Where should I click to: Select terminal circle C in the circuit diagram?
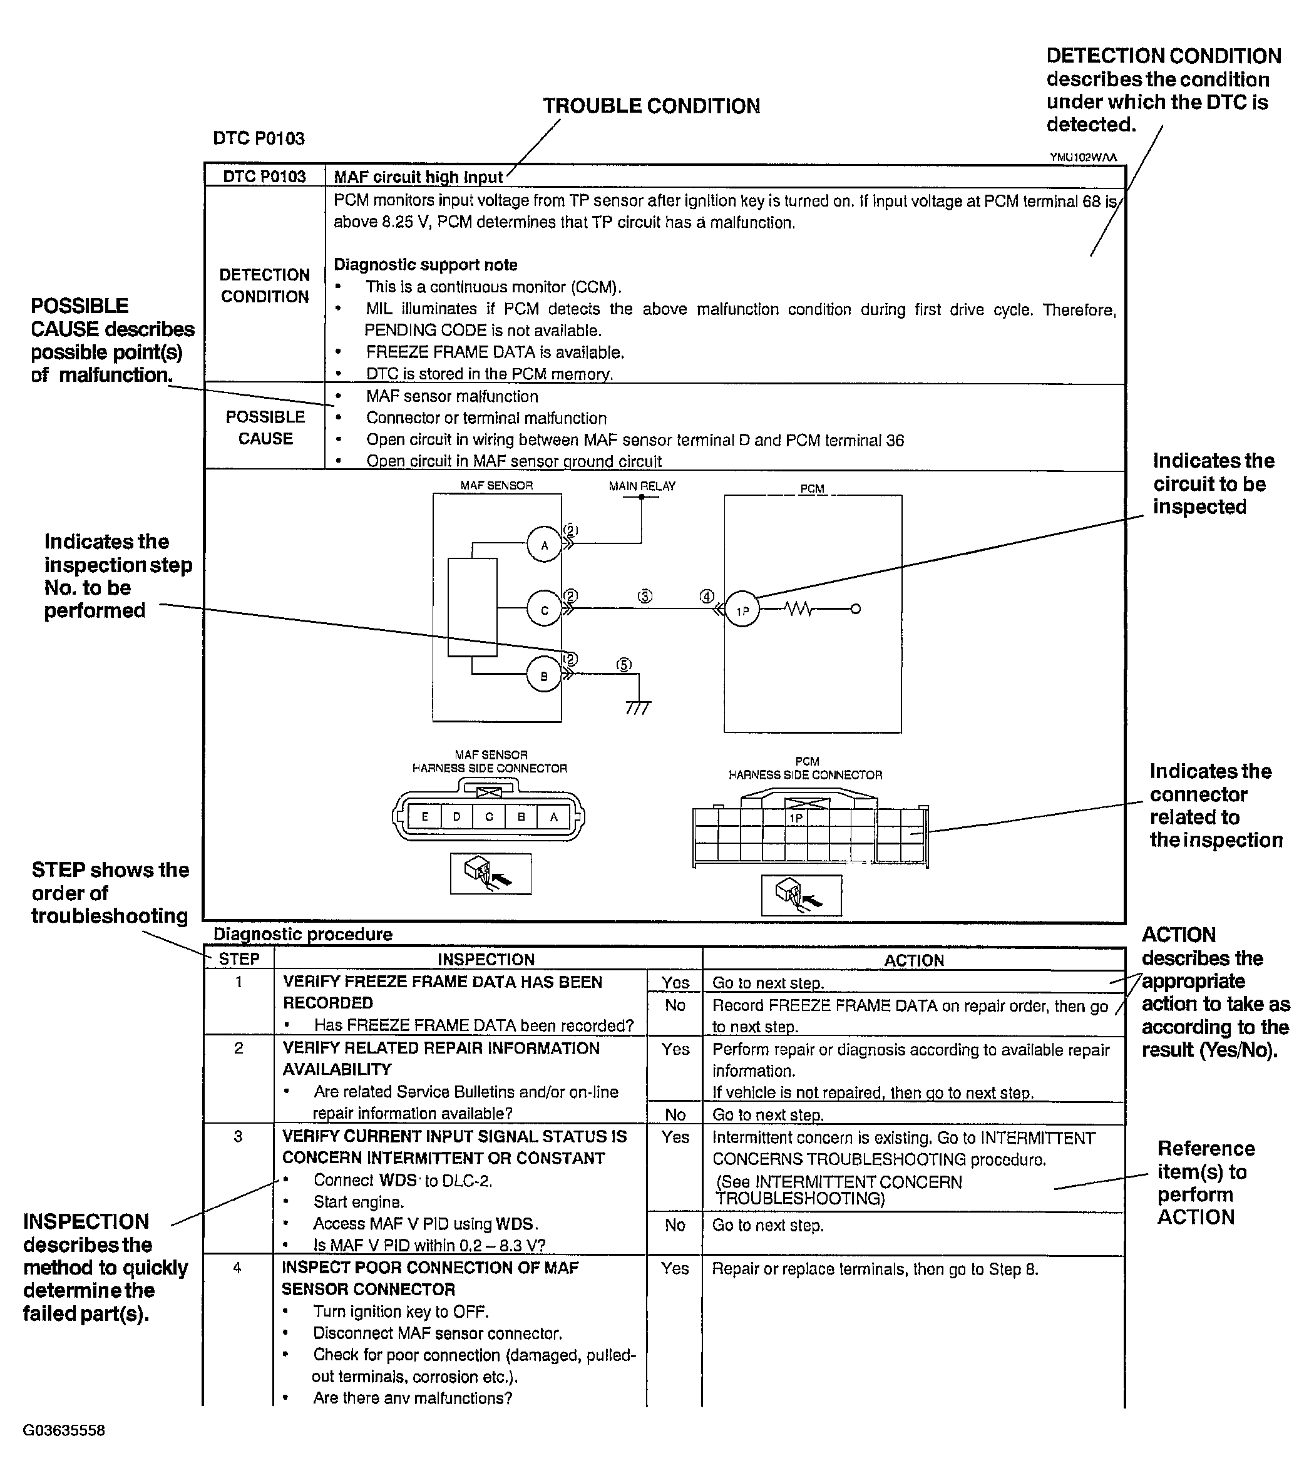click(x=544, y=610)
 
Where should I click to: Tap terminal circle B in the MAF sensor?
click(x=544, y=675)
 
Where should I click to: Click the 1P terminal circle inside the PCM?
click(x=742, y=610)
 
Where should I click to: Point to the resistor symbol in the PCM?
click(x=799, y=610)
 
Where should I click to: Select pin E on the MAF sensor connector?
click(x=425, y=817)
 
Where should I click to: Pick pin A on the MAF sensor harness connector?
click(x=553, y=817)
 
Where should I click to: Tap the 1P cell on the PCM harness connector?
click(x=796, y=818)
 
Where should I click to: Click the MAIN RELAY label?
click(x=642, y=486)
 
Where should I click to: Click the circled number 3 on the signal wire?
click(x=645, y=597)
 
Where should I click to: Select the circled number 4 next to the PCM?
click(x=707, y=597)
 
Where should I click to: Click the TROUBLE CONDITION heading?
click(x=652, y=106)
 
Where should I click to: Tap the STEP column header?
click(x=239, y=959)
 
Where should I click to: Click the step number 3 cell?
click(x=238, y=1136)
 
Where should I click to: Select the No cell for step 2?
click(x=675, y=1114)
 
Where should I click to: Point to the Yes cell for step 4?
click(x=675, y=1268)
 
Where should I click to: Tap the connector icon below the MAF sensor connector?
click(x=491, y=873)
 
